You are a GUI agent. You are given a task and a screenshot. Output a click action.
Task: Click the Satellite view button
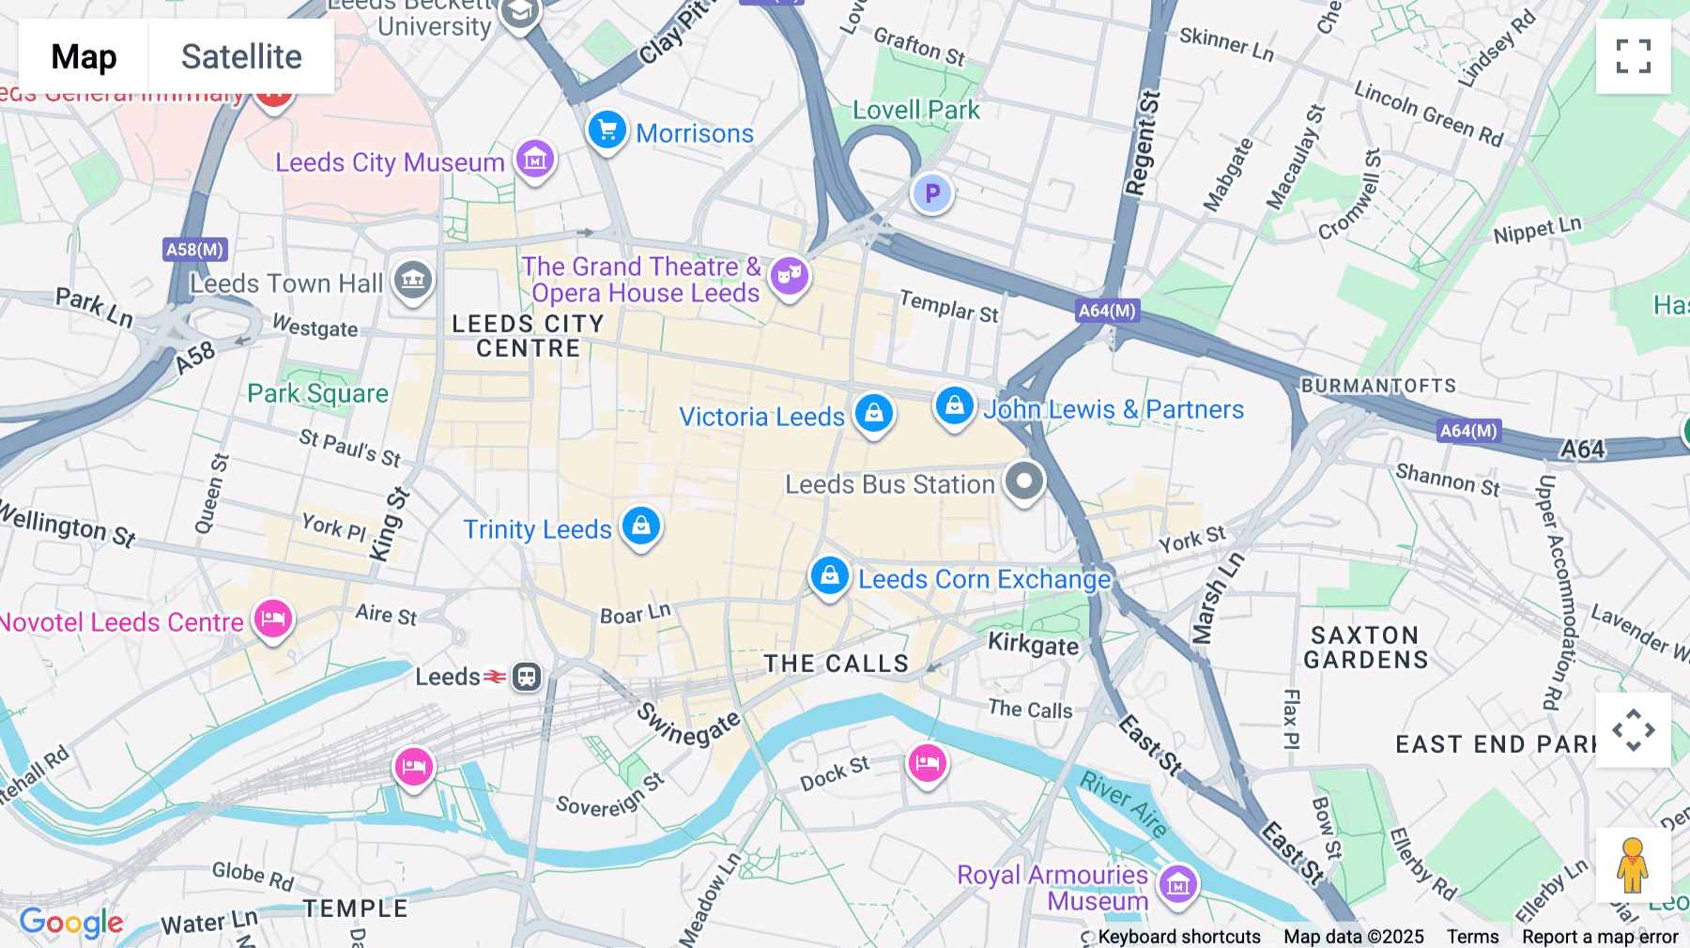click(241, 56)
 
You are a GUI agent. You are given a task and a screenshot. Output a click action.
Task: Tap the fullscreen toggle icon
click(1633, 56)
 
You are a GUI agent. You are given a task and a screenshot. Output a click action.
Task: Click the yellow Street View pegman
click(1633, 865)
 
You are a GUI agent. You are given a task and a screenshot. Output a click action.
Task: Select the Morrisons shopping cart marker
click(607, 130)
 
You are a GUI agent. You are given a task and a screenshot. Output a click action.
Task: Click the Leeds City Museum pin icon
click(535, 160)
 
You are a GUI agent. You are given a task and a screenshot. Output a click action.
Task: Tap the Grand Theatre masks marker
click(790, 276)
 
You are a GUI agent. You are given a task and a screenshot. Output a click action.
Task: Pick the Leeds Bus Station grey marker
click(1024, 482)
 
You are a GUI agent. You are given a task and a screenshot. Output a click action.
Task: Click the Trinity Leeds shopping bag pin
click(641, 526)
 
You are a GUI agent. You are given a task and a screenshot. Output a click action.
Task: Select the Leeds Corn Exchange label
click(984, 579)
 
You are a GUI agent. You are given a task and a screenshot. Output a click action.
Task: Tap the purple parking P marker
click(932, 193)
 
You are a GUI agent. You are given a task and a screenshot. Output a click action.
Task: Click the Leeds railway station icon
click(527, 677)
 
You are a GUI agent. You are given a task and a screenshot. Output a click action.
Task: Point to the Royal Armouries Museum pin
click(1178, 883)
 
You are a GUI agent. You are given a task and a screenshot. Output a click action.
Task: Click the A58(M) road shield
click(194, 250)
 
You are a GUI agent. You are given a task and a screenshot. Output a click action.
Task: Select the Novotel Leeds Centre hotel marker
click(273, 619)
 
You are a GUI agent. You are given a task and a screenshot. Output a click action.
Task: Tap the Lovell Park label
click(915, 110)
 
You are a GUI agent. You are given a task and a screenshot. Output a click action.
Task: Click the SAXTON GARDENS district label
click(1365, 648)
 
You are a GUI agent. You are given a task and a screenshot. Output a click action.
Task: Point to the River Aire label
click(1124, 803)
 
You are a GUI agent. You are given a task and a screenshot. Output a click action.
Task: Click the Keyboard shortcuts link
click(1179, 937)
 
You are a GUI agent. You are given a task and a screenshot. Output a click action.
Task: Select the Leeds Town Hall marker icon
click(413, 279)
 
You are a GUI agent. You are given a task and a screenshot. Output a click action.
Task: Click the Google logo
click(71, 923)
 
